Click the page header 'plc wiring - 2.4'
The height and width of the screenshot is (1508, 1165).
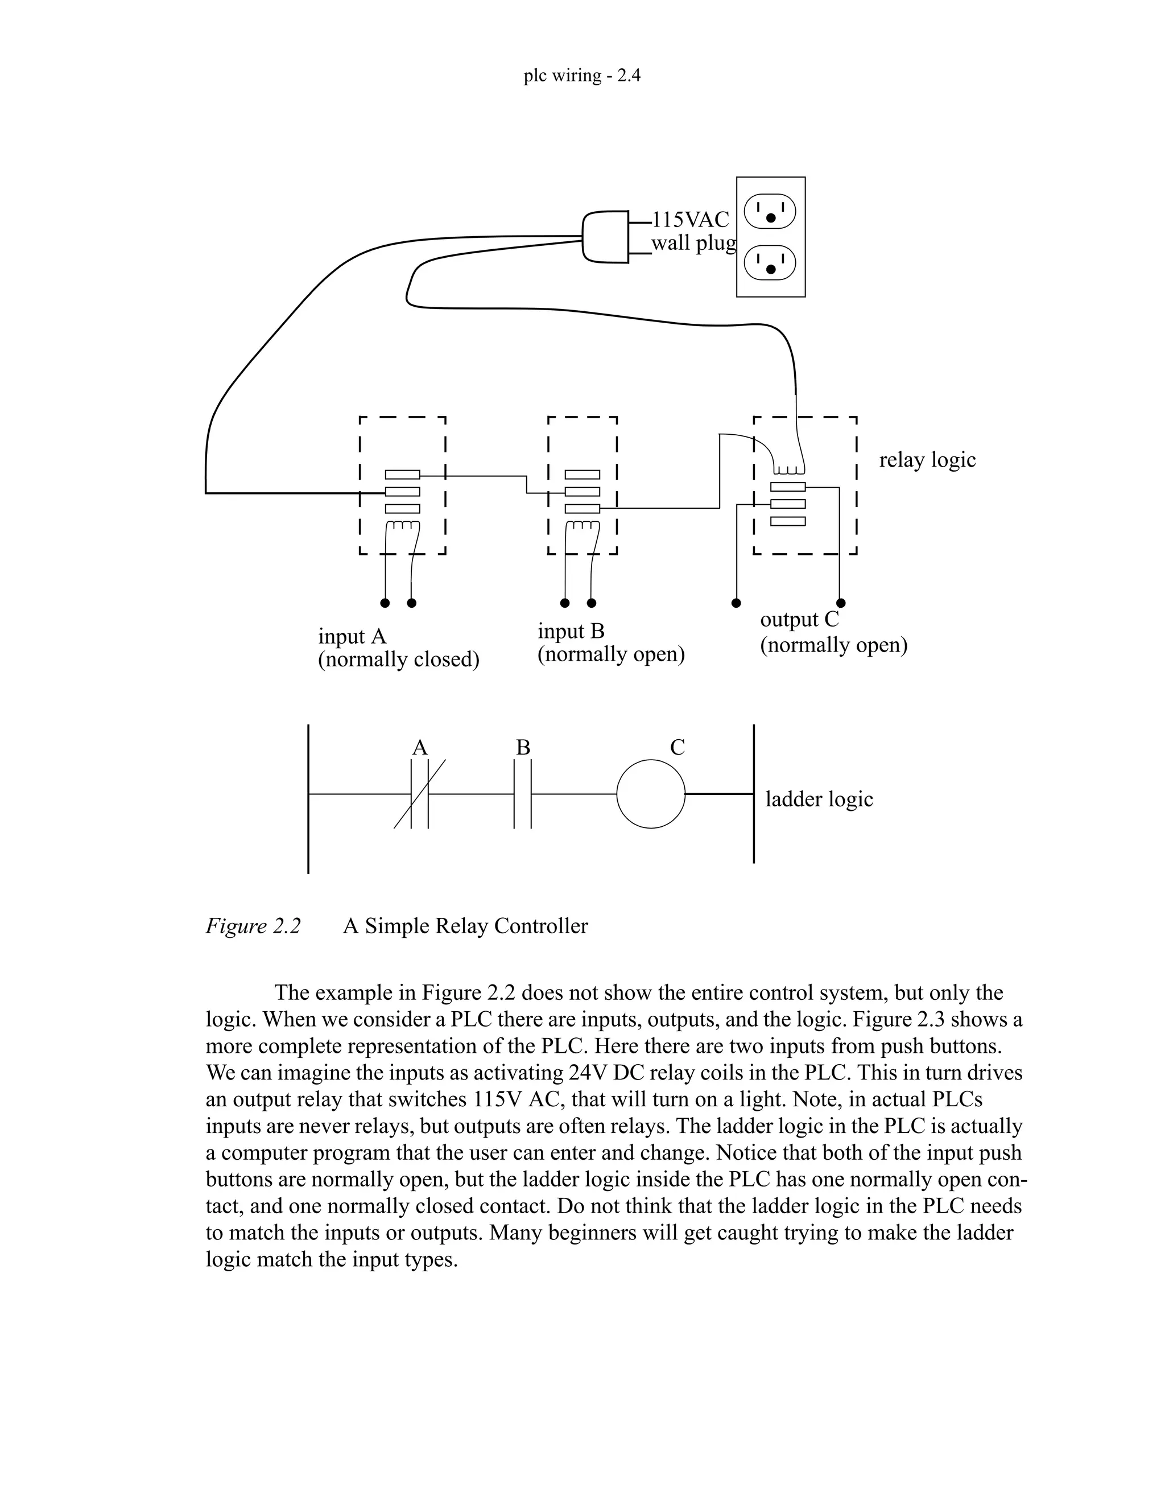click(582, 75)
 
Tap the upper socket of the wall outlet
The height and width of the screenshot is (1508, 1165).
click(770, 211)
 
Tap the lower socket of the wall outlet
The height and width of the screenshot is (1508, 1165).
click(770, 263)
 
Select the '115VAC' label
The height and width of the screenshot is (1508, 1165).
click(690, 220)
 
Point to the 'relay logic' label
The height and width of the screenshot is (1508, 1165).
click(927, 460)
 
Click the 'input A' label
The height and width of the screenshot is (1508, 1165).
click(352, 636)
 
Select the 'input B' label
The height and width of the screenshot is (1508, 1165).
click(571, 631)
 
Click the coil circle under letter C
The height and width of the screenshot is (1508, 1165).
click(650, 794)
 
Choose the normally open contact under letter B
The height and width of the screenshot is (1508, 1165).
click(522, 794)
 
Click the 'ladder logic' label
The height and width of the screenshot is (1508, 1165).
click(819, 800)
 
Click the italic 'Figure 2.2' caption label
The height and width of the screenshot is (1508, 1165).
click(253, 926)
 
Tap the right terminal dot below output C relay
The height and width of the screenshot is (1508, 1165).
click(841, 603)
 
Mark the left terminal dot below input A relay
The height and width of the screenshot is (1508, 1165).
click(385, 603)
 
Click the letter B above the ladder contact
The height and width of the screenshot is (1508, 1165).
click(523, 748)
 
